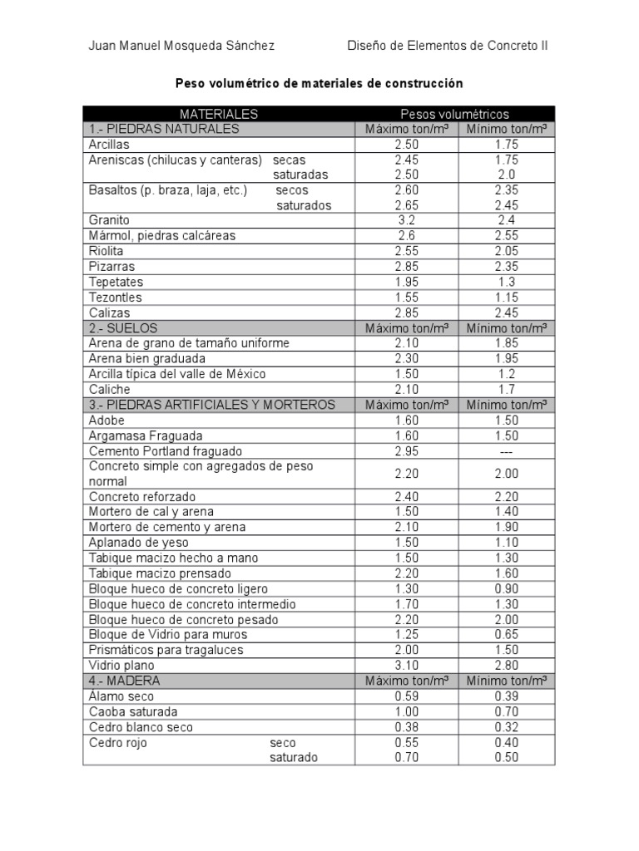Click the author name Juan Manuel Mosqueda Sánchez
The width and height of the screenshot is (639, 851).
click(x=181, y=46)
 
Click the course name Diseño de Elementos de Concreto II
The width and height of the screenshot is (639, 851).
click(x=447, y=46)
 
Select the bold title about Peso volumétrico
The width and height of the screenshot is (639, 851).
click(x=319, y=84)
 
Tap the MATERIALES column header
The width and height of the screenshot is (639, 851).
click(x=219, y=114)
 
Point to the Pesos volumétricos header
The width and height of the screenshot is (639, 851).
click(x=454, y=114)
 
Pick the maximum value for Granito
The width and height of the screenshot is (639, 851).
click(x=407, y=220)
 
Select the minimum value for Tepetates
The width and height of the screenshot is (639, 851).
click(x=506, y=283)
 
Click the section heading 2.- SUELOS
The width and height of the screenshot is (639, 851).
click(x=123, y=328)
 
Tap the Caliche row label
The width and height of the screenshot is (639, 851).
click(x=110, y=389)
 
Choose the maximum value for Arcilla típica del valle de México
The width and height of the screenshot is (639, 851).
click(x=407, y=374)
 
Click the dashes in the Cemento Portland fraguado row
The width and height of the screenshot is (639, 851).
click(x=506, y=451)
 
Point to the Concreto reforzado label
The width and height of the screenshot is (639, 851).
click(x=142, y=497)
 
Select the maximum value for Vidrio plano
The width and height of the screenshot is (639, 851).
click(x=407, y=666)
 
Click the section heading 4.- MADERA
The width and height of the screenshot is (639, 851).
click(x=125, y=681)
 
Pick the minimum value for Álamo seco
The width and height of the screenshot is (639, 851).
click(x=506, y=696)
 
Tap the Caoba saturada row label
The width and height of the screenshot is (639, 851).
click(x=133, y=711)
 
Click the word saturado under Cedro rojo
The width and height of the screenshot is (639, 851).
click(x=294, y=758)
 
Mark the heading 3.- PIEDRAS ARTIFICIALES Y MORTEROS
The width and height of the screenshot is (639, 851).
click(x=212, y=405)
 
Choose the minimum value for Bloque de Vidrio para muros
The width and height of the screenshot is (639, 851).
click(x=506, y=635)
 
